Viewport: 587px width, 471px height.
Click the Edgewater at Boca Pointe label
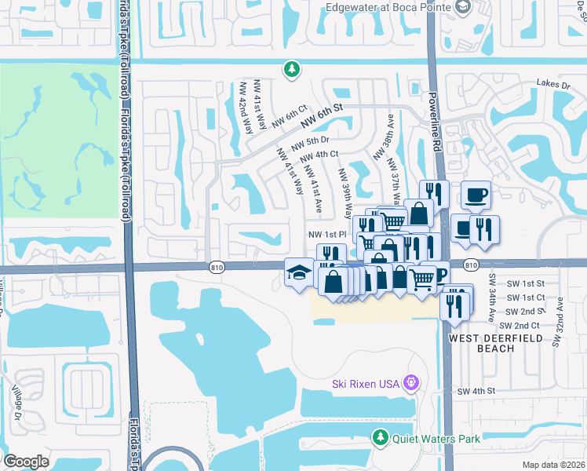pyautogui.click(x=385, y=8)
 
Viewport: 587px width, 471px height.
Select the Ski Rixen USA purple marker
pyautogui.click(x=411, y=382)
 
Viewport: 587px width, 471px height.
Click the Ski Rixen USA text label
pyautogui.click(x=365, y=383)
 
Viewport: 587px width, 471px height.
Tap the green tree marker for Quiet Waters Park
pyautogui.click(x=381, y=436)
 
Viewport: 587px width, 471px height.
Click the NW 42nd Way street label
pyautogui.click(x=246, y=107)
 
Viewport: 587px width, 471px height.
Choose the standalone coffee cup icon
pyautogui.click(x=476, y=195)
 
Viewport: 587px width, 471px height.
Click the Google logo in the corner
pyautogui.click(x=26, y=462)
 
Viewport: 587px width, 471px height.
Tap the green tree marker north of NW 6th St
pyautogui.click(x=291, y=70)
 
